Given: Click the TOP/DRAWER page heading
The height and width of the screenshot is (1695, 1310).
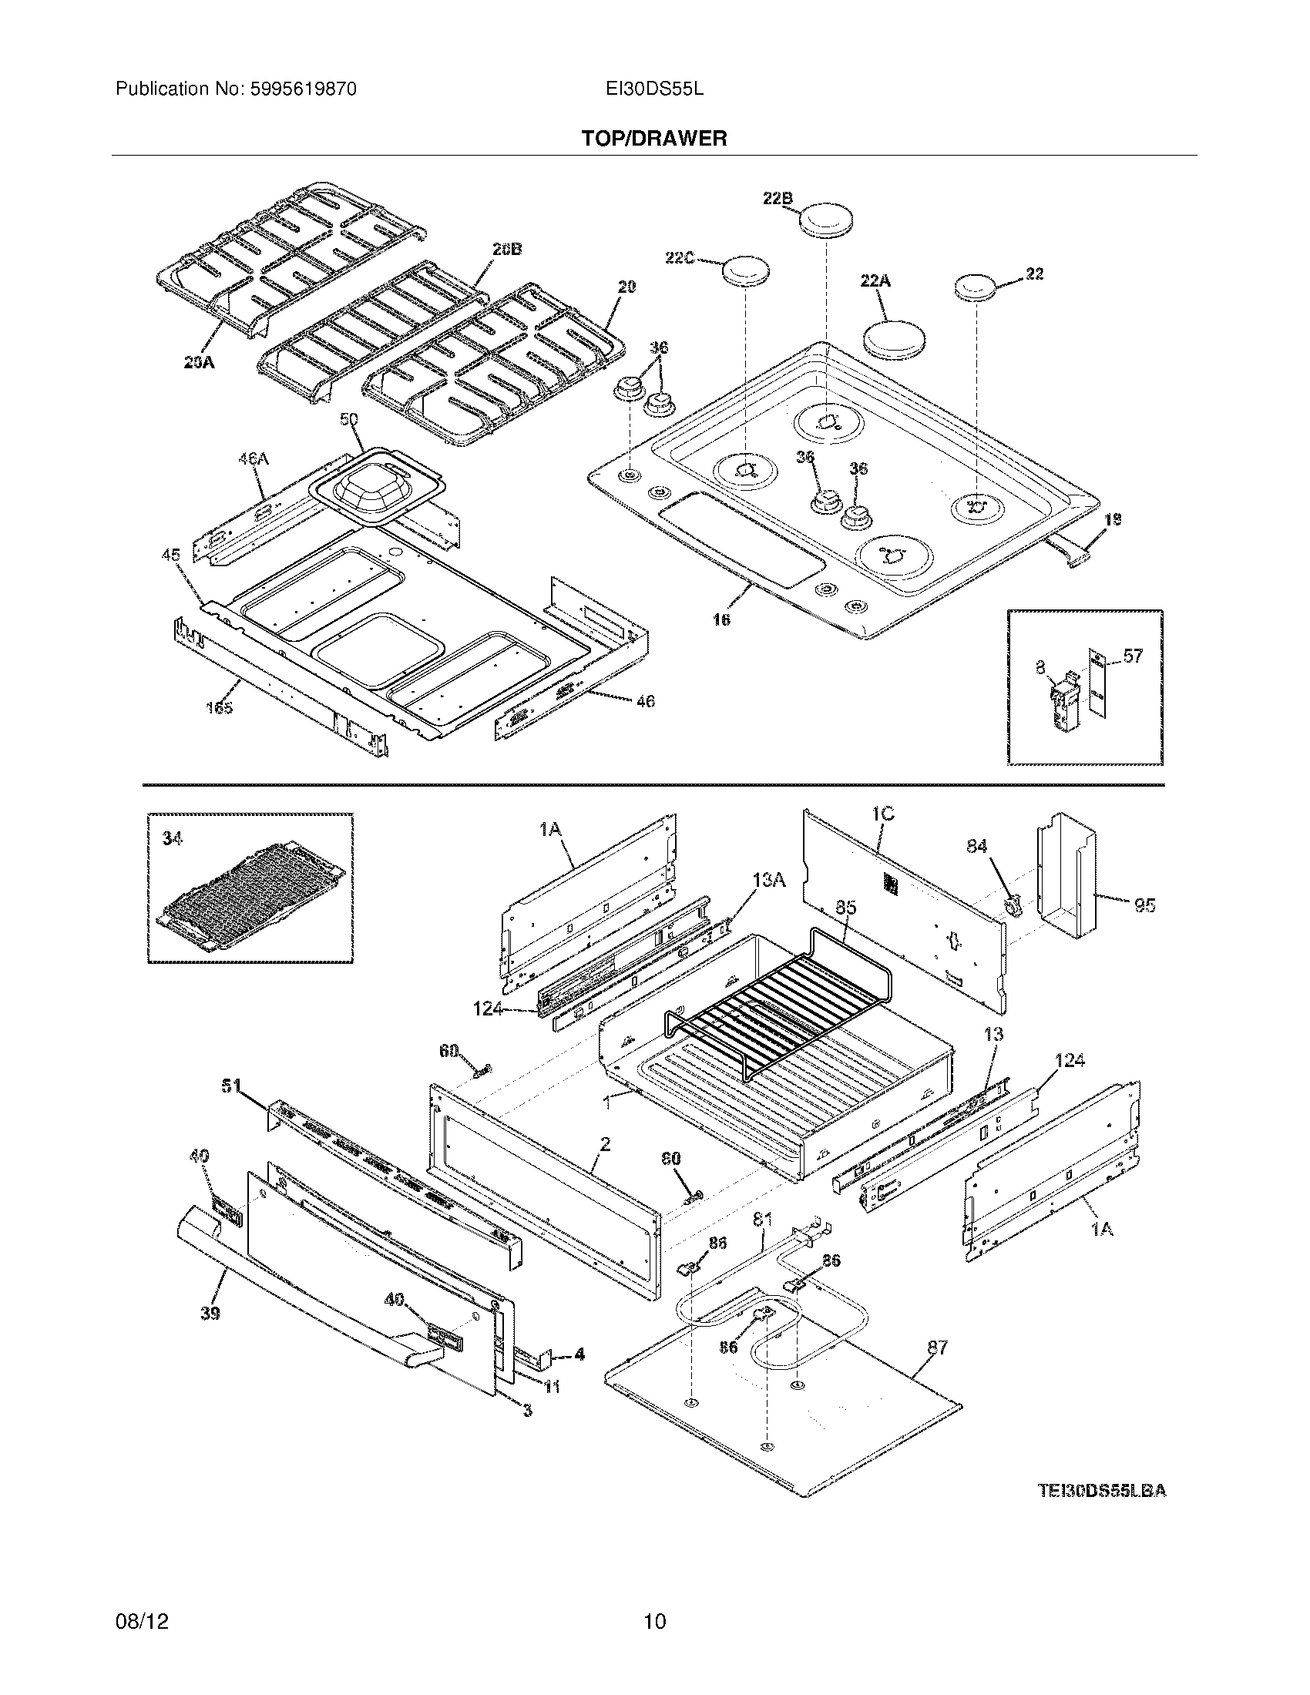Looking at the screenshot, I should pyautogui.click(x=654, y=139).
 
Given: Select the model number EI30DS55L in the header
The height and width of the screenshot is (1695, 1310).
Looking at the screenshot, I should pyautogui.click(x=654, y=89).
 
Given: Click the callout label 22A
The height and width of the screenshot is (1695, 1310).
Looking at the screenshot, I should pyautogui.click(x=875, y=281).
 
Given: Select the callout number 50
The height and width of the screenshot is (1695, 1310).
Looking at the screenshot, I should pyautogui.click(x=349, y=420).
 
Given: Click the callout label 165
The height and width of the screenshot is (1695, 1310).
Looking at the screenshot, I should pyautogui.click(x=219, y=708).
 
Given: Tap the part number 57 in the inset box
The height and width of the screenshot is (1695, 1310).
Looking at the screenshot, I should pyautogui.click(x=1133, y=656).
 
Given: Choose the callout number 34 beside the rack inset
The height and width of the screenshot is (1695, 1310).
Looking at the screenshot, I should pyautogui.click(x=172, y=838).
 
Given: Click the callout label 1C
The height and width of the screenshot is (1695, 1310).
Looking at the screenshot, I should pyautogui.click(x=882, y=814).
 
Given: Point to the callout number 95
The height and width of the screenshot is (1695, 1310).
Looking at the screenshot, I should pyautogui.click(x=1144, y=905).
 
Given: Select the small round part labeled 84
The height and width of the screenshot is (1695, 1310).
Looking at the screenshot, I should pyautogui.click(x=1011, y=904).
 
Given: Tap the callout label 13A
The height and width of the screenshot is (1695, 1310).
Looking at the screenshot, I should pyautogui.click(x=769, y=879).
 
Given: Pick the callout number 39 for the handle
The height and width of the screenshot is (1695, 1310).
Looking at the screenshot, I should pyautogui.click(x=210, y=1313).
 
